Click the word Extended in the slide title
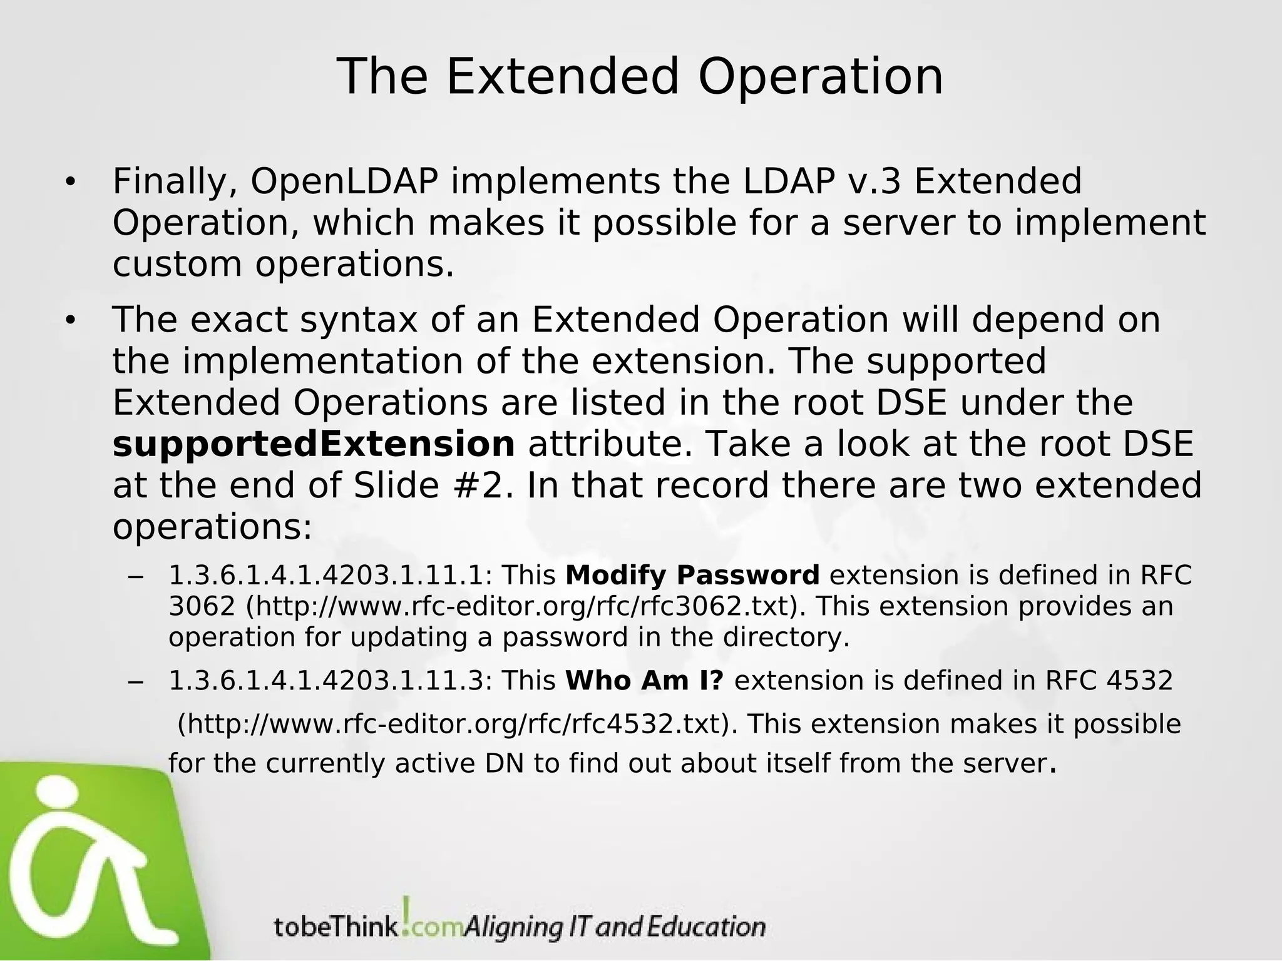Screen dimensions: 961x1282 tap(562, 76)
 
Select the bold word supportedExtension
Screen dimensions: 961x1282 tap(314, 445)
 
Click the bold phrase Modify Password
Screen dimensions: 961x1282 tap(692, 575)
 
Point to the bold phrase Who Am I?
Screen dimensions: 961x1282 tap(644, 681)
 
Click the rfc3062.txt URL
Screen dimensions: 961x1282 tap(522, 606)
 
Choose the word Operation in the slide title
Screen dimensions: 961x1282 tap(820, 76)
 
